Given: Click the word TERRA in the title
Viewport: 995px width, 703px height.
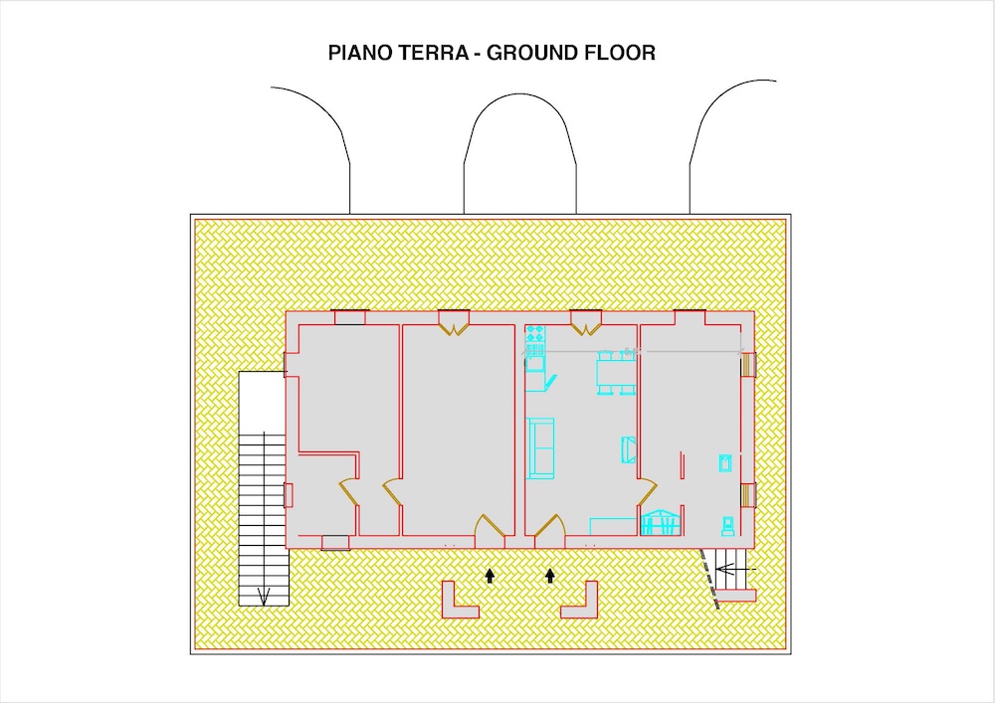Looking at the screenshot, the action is tap(433, 53).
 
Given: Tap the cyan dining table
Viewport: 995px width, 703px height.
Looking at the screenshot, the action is tap(616, 372).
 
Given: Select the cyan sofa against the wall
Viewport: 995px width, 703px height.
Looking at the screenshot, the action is tap(540, 446).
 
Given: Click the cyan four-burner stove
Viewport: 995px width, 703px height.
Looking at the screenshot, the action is tap(535, 334).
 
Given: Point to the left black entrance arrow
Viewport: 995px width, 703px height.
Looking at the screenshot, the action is tap(490, 576).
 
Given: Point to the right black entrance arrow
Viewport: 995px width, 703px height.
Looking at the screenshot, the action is tap(550, 576).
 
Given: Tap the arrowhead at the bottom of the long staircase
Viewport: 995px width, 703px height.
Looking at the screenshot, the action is tap(264, 596).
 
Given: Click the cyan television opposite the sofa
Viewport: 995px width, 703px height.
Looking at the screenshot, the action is tap(628, 449).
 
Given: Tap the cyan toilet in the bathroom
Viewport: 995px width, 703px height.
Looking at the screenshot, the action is tap(728, 525).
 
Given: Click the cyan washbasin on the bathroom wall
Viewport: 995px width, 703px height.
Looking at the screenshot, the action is tap(725, 463).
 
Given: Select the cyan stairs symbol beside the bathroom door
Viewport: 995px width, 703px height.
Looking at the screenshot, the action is tap(660, 522).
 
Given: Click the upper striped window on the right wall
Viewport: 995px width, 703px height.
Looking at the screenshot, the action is tap(748, 365).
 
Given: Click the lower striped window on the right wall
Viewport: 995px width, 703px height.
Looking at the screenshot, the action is tap(748, 494).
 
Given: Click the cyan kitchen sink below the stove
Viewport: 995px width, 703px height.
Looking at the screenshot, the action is tap(534, 364).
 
